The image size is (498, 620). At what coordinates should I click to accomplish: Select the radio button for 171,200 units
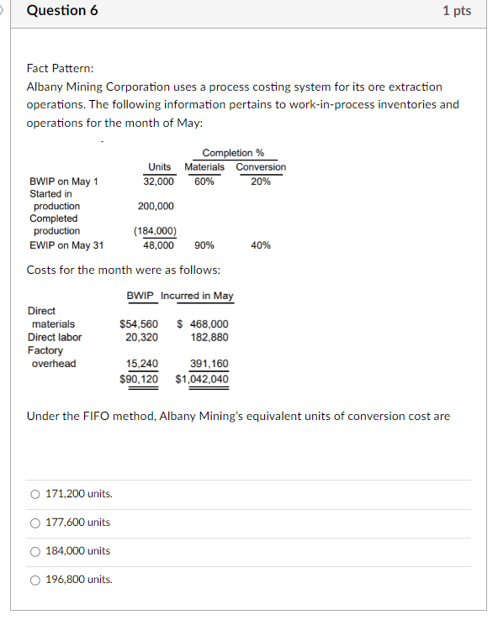pyautogui.click(x=34, y=494)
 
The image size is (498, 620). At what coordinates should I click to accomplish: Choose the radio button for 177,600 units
pyautogui.click(x=34, y=523)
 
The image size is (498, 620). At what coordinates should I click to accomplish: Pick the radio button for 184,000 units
pyautogui.click(x=34, y=551)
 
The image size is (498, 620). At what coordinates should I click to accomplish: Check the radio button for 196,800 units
pyautogui.click(x=34, y=580)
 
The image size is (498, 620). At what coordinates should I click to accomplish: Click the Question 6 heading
pyautogui.click(x=56, y=11)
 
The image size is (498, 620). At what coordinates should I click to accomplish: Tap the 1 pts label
pyautogui.click(x=456, y=11)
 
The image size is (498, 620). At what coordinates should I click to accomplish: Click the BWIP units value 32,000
pyautogui.click(x=159, y=181)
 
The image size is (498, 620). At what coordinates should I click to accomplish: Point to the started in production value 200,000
pyautogui.click(x=156, y=206)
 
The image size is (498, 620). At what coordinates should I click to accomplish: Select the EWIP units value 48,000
pyautogui.click(x=159, y=245)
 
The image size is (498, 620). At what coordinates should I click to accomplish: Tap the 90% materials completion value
pyautogui.click(x=204, y=245)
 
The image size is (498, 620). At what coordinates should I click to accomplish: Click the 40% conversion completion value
pyautogui.click(x=261, y=245)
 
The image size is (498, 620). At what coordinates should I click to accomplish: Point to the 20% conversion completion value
pyautogui.click(x=261, y=181)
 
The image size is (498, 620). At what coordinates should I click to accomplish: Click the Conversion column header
pyautogui.click(x=261, y=167)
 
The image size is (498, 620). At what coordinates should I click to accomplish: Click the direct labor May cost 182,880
pyautogui.click(x=209, y=337)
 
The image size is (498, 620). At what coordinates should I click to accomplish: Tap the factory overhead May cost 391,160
pyautogui.click(x=209, y=364)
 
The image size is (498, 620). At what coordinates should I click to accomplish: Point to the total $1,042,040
pyautogui.click(x=202, y=378)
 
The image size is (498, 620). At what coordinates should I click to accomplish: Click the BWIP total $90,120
pyautogui.click(x=139, y=378)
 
